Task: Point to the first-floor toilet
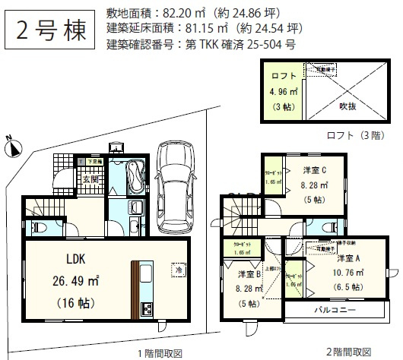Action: (42, 226)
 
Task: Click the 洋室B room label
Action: (249, 273)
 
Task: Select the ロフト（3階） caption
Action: (347, 137)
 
